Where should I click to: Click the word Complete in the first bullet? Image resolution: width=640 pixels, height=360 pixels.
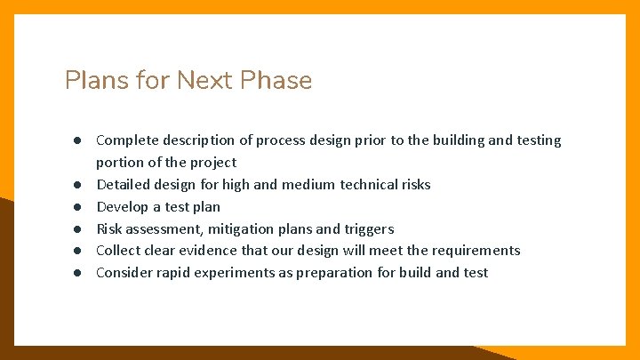click(127, 140)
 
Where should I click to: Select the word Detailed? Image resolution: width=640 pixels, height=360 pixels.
click(124, 185)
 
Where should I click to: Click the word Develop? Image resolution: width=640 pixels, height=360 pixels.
click(123, 207)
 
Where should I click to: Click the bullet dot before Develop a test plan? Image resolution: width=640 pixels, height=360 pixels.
click(78, 207)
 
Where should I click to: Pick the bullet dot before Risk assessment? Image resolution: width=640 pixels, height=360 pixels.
click(78, 229)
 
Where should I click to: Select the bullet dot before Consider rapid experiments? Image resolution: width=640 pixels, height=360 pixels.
click(78, 273)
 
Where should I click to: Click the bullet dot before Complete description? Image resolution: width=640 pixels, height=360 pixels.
click(78, 140)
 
